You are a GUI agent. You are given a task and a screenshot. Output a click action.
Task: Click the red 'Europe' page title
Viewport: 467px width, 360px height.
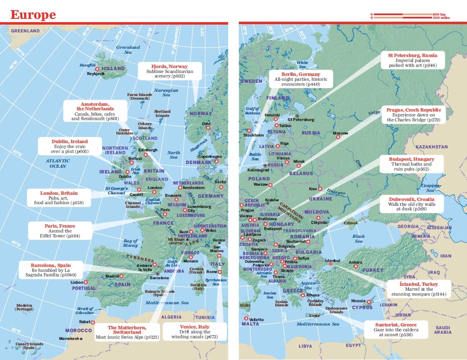pos(33,15)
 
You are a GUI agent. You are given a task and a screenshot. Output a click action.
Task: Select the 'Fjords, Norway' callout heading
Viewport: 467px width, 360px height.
pos(169,66)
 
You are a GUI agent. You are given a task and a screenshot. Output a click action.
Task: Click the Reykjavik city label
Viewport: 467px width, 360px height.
pos(96,74)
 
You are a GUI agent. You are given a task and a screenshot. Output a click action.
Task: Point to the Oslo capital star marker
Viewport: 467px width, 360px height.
pos(208,128)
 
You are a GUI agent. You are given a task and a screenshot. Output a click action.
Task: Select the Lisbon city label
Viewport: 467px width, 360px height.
pos(77,283)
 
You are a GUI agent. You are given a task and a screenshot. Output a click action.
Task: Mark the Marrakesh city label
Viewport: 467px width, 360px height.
pos(68,339)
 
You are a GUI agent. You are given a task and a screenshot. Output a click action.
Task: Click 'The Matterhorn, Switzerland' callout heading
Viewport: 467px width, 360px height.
pos(127,330)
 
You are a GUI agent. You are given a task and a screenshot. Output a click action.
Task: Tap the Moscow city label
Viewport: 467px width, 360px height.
pos(340,133)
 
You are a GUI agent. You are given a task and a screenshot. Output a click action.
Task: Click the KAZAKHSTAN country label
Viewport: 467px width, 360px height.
pos(431,146)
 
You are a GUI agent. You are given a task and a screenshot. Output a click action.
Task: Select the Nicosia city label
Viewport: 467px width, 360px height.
pos(358,301)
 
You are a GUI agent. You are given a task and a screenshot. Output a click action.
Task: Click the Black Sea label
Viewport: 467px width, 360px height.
pos(358,239)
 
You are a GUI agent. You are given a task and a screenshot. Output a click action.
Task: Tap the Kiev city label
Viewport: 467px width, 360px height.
pos(313,189)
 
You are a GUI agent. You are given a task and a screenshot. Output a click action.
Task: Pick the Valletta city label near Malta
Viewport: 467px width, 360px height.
pos(256,319)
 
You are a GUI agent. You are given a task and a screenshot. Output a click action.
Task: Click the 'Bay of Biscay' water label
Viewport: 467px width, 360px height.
pos(130,243)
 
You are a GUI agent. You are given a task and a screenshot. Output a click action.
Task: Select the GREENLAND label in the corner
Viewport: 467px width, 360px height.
pos(25,31)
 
